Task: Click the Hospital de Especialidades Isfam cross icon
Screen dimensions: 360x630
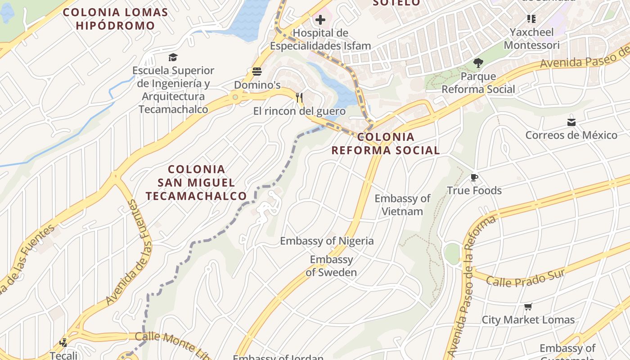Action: (320, 20)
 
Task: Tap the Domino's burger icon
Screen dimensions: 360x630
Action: (257, 72)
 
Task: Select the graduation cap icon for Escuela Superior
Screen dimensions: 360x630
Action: (173, 57)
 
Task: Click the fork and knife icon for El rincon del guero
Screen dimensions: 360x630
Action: (299, 97)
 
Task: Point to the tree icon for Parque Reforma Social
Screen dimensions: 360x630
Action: (478, 63)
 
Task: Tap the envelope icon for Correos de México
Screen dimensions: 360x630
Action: (571, 122)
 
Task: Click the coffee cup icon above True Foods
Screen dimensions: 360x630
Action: (474, 178)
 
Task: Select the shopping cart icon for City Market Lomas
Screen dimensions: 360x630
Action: (528, 307)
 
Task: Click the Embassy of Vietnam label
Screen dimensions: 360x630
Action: (402, 205)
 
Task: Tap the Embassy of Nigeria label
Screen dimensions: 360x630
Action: (327, 241)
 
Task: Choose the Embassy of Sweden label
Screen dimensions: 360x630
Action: (332, 265)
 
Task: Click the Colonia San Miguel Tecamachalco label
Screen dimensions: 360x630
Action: (196, 182)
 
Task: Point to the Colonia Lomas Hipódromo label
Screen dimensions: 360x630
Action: (115, 19)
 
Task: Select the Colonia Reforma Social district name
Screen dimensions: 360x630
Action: (386, 144)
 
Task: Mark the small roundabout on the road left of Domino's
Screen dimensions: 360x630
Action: (235, 97)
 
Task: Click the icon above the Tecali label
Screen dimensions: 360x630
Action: (63, 342)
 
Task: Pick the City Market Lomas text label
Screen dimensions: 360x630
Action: (528, 320)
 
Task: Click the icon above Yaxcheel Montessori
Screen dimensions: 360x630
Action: (531, 19)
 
